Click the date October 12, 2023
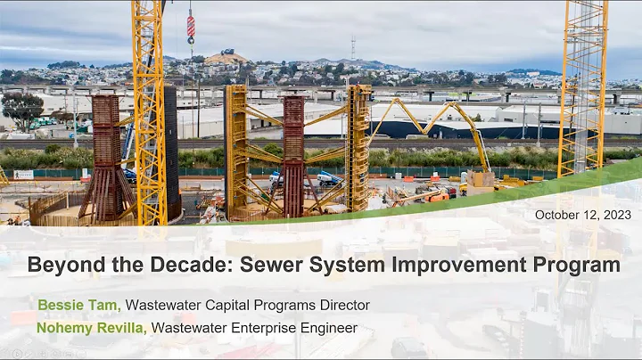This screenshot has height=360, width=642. click(x=583, y=215)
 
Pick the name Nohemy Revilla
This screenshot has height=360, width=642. click(x=92, y=328)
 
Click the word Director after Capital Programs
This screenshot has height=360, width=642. click(x=343, y=306)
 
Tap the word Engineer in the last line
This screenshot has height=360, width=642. click(x=328, y=328)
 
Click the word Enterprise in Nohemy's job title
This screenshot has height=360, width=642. click(x=262, y=328)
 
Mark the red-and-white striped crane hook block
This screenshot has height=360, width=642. click(x=190, y=26)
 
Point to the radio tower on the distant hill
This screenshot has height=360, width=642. click(x=351, y=48)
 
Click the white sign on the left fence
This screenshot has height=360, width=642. click(x=23, y=175)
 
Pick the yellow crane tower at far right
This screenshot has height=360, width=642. click(x=583, y=89)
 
